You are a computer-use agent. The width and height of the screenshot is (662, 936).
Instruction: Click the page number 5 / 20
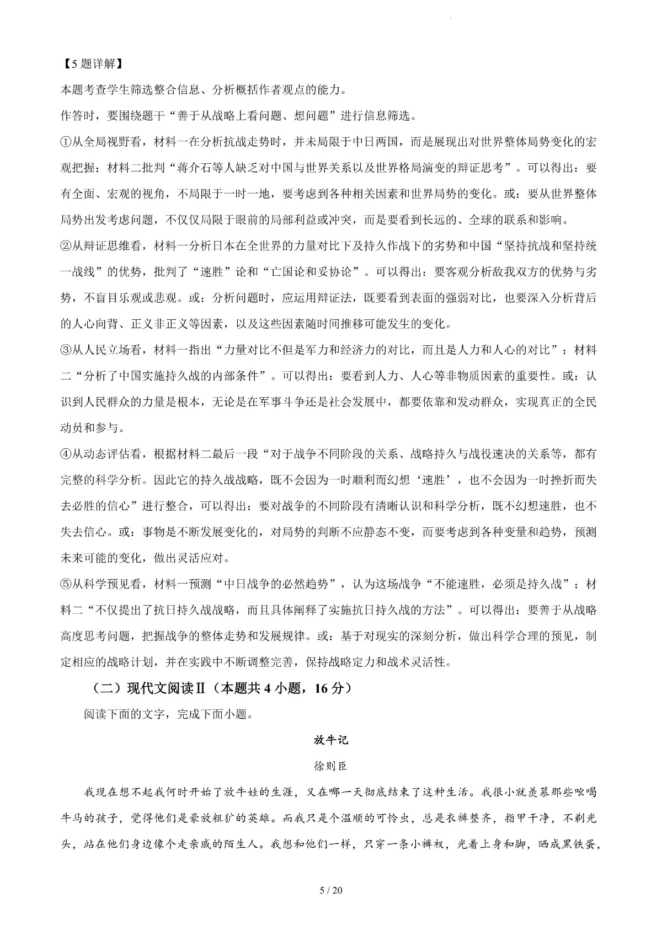[331, 890]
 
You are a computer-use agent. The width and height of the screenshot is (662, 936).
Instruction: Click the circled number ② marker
[66, 246]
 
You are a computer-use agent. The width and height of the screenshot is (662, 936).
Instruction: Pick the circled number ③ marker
[66, 350]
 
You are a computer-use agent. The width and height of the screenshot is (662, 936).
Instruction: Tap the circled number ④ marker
[66, 454]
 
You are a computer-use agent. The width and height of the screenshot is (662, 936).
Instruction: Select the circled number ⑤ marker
[66, 584]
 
